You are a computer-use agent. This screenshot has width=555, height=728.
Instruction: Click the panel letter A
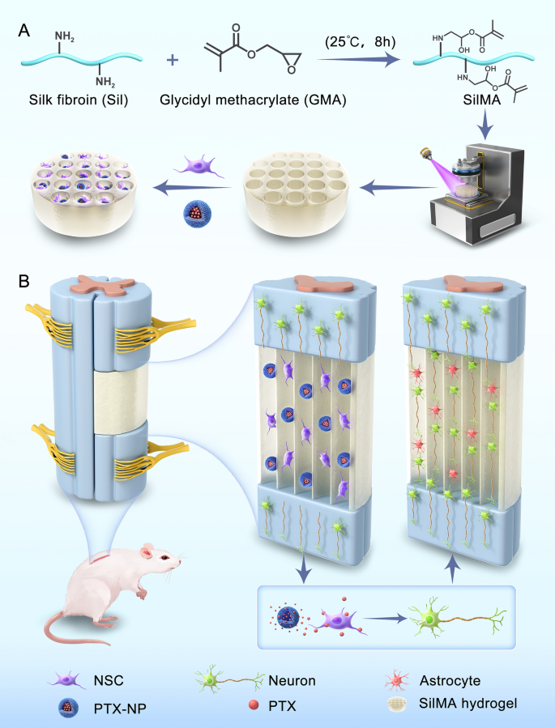tap(25, 30)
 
